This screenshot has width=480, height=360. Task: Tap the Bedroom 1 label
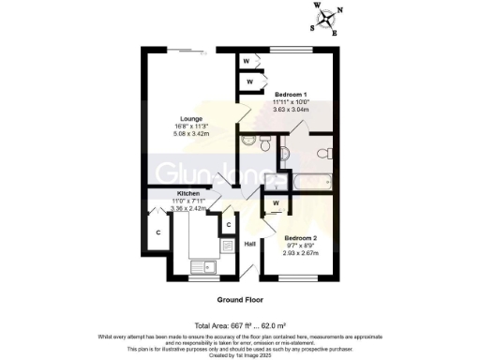294,94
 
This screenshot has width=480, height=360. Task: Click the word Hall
250,245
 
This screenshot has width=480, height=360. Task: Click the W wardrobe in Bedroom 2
276,203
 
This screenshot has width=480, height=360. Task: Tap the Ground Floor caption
240,300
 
